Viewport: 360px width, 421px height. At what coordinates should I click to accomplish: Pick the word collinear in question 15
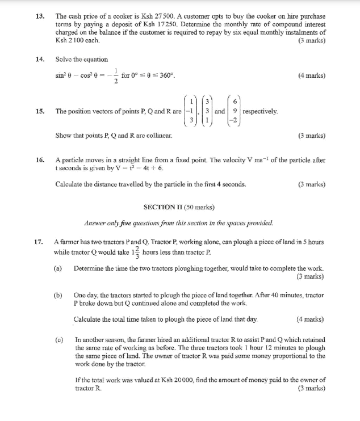pyautogui.click(x=157, y=136)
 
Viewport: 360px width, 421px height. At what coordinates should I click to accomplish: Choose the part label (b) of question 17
pyautogui.click(x=58, y=296)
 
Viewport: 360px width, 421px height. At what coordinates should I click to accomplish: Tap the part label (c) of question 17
pyautogui.click(x=58, y=340)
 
